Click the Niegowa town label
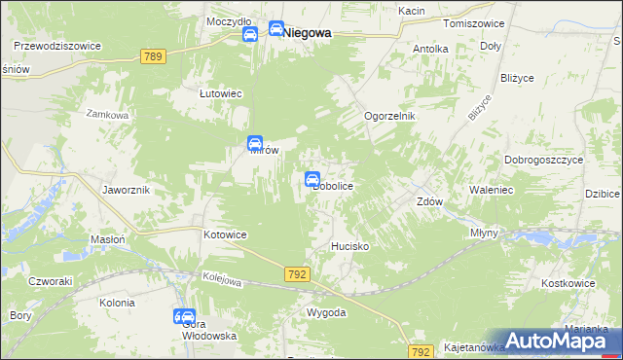click(307, 32)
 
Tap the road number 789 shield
click(152, 57)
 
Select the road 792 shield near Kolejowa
click(298, 275)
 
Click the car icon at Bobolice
click(312, 179)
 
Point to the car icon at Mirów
click(255, 143)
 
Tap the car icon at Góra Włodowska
click(184, 316)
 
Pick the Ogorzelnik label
click(389, 116)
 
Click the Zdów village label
click(430, 202)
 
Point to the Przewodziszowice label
click(57, 45)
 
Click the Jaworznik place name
click(126, 190)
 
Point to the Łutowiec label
click(220, 93)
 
